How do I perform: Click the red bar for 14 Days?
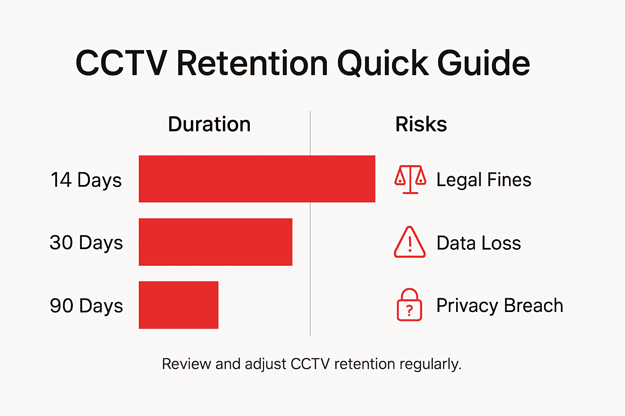257,179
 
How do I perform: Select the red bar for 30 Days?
215,242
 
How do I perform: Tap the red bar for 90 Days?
178,305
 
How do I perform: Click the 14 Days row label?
86,180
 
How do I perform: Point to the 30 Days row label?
86,243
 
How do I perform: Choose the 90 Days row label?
86,305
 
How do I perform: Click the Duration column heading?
209,124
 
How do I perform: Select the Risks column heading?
421,124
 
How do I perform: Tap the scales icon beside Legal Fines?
410,179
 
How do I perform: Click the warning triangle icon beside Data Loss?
410,243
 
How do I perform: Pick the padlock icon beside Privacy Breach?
409,305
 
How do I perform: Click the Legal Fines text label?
484,180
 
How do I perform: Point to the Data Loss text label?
479,243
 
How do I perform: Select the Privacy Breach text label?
500,305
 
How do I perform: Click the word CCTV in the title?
121,63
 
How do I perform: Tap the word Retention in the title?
252,63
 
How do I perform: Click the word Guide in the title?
483,63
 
